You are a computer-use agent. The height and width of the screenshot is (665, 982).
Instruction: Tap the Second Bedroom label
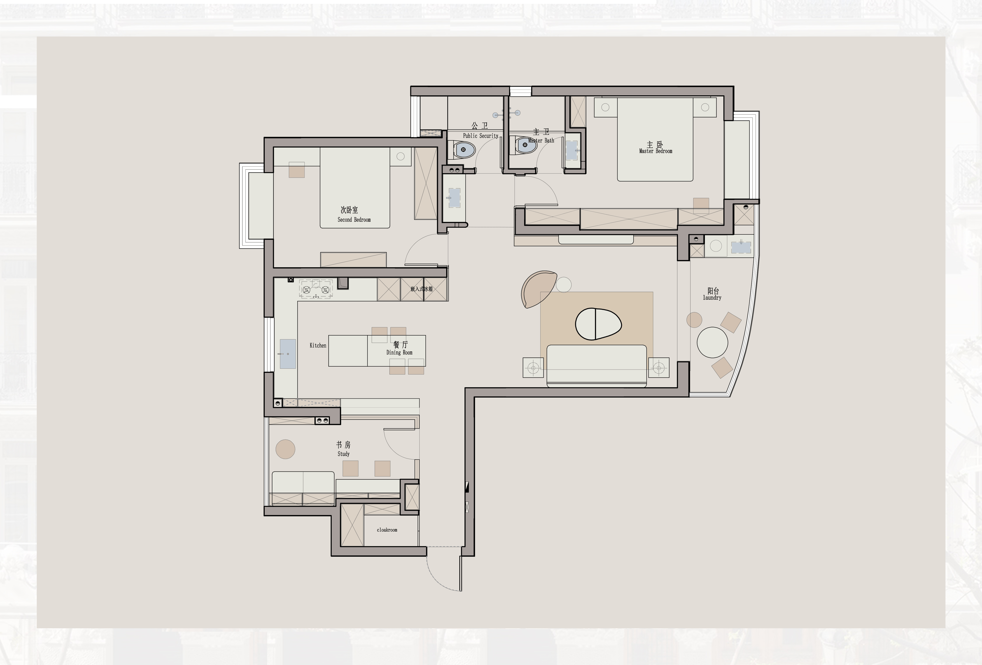[354, 220]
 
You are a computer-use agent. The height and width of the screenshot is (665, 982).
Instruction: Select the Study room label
[343, 454]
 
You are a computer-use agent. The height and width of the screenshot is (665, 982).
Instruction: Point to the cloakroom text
[387, 530]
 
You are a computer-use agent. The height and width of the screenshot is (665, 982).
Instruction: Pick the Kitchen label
[318, 346]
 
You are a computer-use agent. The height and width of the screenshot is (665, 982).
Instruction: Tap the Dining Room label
[399, 352]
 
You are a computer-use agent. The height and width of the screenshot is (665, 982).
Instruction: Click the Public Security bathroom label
[480, 136]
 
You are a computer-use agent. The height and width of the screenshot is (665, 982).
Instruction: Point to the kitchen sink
[288, 354]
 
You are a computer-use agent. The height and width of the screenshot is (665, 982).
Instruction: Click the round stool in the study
[285, 449]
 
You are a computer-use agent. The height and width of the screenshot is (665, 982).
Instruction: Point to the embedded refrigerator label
[422, 289]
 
